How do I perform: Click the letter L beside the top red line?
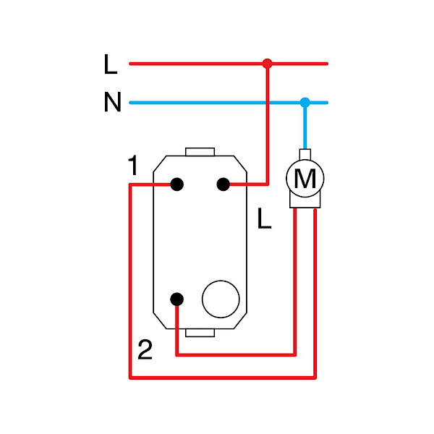(x=110, y=65)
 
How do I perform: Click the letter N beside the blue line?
(x=112, y=103)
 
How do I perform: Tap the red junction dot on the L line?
(x=267, y=64)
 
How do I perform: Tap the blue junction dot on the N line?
(x=305, y=102)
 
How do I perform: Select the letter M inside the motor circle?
(x=305, y=179)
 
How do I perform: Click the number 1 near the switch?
(x=132, y=167)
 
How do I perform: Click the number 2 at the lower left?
(x=145, y=351)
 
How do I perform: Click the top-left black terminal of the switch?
(x=176, y=184)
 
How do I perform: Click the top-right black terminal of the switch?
(x=224, y=184)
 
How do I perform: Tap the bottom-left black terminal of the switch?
(x=176, y=299)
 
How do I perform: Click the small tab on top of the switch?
(x=200, y=152)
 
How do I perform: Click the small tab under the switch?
(x=200, y=332)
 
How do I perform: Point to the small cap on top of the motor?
(x=305, y=153)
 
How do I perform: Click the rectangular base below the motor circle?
(x=305, y=202)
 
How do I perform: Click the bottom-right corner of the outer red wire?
(x=315, y=377)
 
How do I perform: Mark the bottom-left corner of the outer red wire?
(x=130, y=377)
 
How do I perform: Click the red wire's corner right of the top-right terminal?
(x=267, y=184)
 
